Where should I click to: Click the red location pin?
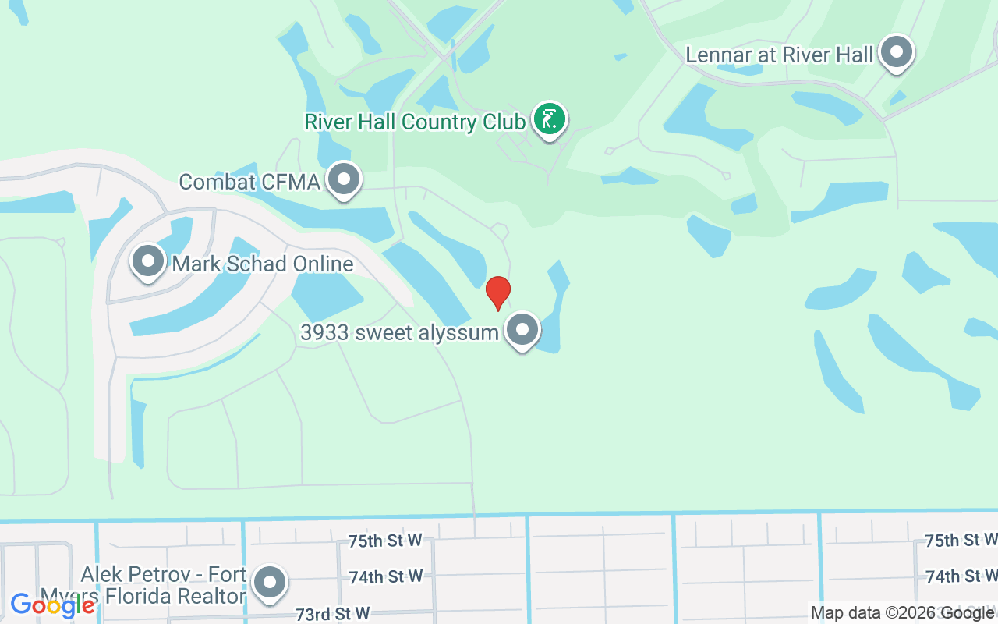coord(498,292)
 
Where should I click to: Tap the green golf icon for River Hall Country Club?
coord(550,120)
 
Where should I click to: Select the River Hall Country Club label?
coord(415,122)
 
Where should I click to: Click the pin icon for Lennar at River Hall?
coord(897,52)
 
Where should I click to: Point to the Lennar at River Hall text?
coord(779,55)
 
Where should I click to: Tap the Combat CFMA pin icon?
coord(343,179)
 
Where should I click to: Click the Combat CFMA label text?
coord(249,182)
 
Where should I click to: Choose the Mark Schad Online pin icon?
coord(148,261)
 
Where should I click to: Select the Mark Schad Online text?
coord(263,264)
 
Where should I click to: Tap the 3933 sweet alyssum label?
coord(399,333)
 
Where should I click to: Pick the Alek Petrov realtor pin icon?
coord(271,581)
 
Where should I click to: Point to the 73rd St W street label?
coord(332,614)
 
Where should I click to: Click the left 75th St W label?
coord(385,540)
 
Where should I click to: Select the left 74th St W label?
coord(385,576)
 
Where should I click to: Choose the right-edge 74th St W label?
coord(961,576)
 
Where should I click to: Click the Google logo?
coord(52,604)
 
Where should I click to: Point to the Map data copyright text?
coord(902,613)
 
